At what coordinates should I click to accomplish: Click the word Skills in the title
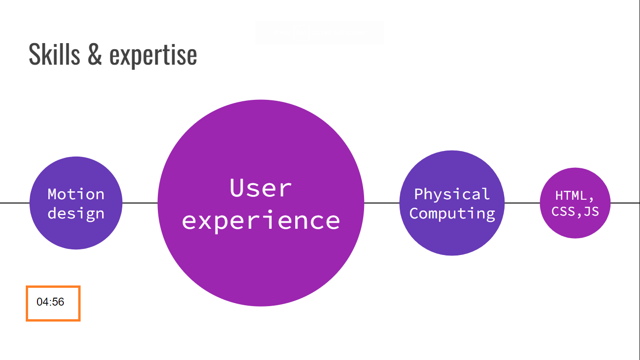tap(54, 54)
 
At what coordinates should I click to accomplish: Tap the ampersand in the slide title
tap(94, 54)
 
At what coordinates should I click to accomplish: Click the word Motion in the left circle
tap(76, 194)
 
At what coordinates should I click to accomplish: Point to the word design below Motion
tap(76, 213)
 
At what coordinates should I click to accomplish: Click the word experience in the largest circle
tap(260, 220)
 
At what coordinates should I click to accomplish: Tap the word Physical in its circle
tap(452, 194)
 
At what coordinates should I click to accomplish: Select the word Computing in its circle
tap(452, 213)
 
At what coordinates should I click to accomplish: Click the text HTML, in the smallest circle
tap(575, 195)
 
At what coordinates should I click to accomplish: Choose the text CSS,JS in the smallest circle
tap(575, 211)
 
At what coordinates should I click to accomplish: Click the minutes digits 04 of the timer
tap(43, 302)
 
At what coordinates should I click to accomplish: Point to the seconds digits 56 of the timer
tap(59, 302)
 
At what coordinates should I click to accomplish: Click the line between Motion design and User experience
tap(140, 203)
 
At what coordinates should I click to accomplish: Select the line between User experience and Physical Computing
tap(382, 203)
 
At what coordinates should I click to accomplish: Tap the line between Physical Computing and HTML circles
tap(522, 203)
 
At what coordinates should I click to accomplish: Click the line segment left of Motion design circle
tap(14, 203)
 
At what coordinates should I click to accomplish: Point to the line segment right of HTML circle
tap(625, 203)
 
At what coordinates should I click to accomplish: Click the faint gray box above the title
tap(319, 33)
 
